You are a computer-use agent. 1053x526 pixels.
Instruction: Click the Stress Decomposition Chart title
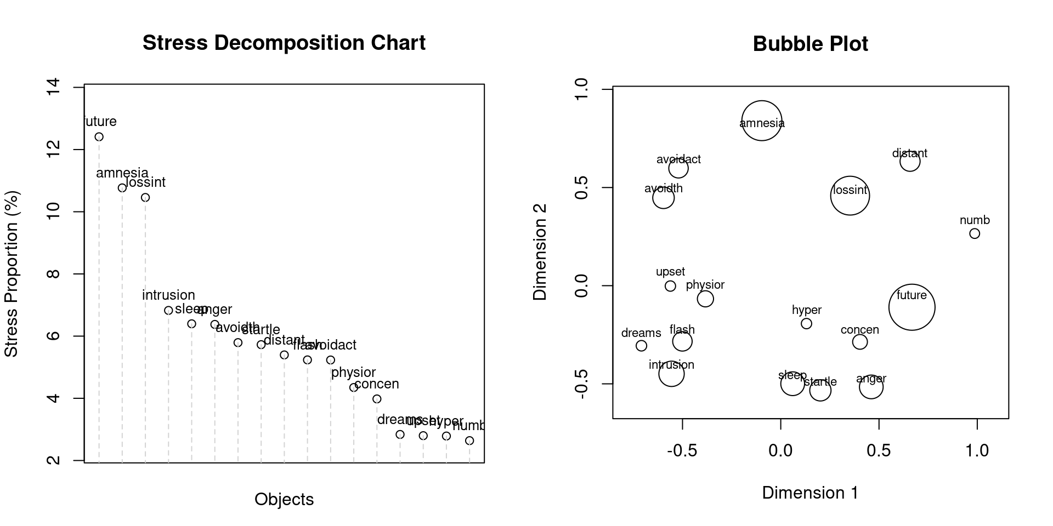point(284,43)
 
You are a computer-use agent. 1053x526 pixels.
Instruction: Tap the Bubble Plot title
point(810,44)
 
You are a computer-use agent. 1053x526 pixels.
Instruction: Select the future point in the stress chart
point(99,137)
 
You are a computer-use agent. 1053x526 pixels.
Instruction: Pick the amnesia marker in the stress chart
point(122,188)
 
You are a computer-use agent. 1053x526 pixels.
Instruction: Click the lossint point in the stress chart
point(145,197)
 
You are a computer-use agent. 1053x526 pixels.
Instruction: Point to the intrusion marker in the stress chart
point(168,310)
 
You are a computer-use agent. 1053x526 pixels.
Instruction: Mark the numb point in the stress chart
point(469,441)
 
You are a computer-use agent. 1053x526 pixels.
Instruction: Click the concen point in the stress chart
point(377,399)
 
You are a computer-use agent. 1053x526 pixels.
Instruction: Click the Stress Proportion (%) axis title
point(12,273)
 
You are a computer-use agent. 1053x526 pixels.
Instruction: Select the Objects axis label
point(284,499)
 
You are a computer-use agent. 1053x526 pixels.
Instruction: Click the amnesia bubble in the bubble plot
point(761,121)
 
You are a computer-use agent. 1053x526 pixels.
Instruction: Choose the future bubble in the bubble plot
point(912,307)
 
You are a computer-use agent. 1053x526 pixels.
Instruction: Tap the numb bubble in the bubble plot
point(975,233)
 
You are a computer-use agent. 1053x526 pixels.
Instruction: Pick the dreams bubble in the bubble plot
point(641,346)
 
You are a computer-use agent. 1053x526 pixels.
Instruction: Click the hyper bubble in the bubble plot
point(806,324)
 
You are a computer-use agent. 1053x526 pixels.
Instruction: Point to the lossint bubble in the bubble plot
point(850,196)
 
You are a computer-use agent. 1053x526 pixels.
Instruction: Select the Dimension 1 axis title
point(810,493)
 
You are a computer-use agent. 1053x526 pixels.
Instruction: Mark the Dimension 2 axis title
point(540,252)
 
